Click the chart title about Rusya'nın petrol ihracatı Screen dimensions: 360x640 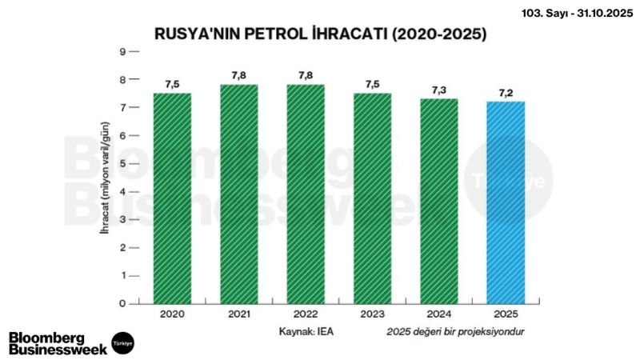click(320, 34)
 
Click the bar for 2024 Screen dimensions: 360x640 click(438, 201)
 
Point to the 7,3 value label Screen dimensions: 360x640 click(438, 90)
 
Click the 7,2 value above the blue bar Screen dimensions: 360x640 click(506, 94)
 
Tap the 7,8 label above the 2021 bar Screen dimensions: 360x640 click(238, 76)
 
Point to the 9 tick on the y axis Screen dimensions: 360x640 click(122, 52)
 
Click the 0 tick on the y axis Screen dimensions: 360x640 click(122, 304)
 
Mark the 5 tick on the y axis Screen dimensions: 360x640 click(122, 164)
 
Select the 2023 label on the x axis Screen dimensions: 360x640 click(372, 316)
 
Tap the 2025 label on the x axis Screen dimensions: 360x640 click(506, 316)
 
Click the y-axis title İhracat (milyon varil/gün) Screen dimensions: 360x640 click(104, 178)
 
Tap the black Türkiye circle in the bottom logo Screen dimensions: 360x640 click(122, 342)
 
